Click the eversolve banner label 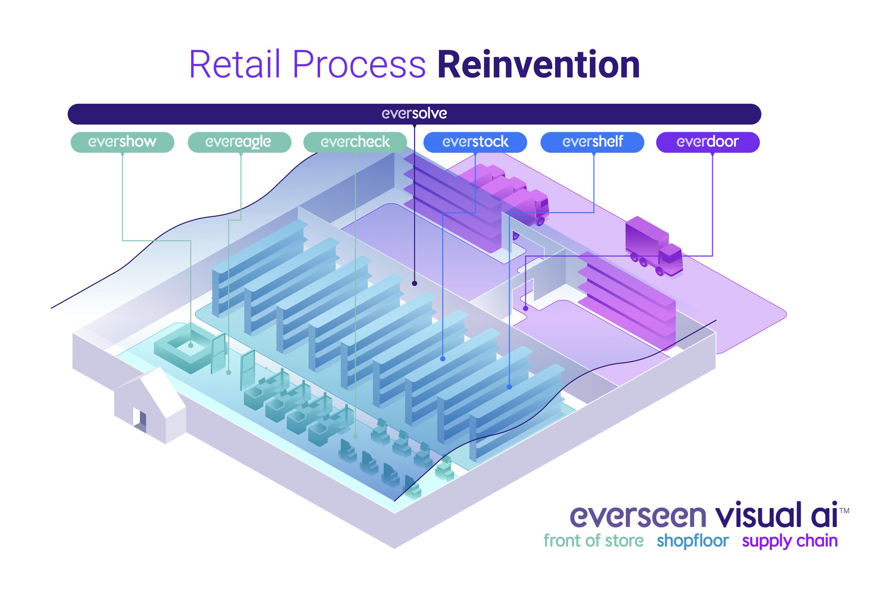(x=414, y=114)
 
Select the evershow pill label (x=123, y=142)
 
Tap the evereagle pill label (x=239, y=142)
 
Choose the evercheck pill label (x=355, y=142)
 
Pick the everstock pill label (x=475, y=142)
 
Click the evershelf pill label (x=592, y=142)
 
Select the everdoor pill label (x=708, y=142)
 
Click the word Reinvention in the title (x=538, y=64)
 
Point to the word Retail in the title (x=235, y=64)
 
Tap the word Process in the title (x=359, y=64)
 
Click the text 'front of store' (x=594, y=541)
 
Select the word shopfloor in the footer (x=693, y=541)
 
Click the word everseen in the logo (x=638, y=516)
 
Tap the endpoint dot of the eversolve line (x=414, y=283)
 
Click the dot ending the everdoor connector (x=525, y=308)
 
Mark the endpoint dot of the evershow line (x=191, y=346)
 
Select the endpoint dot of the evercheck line (x=355, y=436)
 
